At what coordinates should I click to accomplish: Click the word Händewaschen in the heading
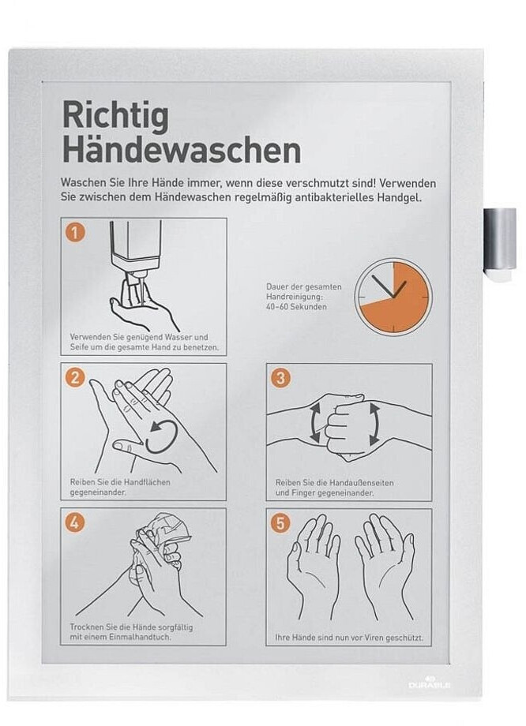coord(181,150)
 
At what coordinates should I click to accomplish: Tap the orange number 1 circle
coord(75,231)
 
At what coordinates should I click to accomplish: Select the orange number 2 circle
coord(75,377)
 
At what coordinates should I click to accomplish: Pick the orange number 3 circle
coord(280,377)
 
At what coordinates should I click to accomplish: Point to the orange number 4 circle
coord(75,522)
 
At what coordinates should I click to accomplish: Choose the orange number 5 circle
coord(280,522)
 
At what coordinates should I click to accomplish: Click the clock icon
coord(393,297)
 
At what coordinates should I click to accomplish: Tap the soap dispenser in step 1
coord(136,249)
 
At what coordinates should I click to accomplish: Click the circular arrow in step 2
coord(161,436)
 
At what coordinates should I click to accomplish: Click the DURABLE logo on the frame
coord(429,683)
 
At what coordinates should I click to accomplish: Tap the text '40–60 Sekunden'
coord(297,306)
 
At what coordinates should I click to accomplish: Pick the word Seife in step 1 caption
coord(79,347)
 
